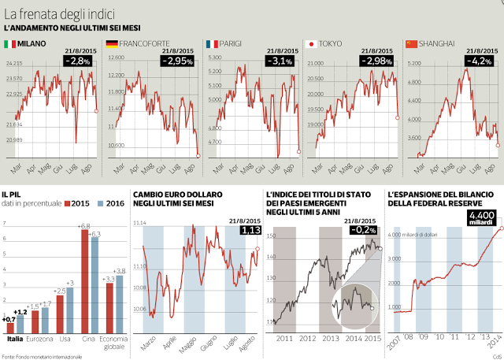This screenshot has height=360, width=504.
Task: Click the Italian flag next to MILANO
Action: pos(10,43)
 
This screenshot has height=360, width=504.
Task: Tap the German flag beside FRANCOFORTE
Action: pos(112,43)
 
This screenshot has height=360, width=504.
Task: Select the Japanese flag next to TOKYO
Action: pos(311,43)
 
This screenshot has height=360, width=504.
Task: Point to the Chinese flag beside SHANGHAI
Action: pos(410,43)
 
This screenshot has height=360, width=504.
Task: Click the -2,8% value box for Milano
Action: pos(79,60)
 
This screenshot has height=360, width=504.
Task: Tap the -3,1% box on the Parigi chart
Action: pos(280,60)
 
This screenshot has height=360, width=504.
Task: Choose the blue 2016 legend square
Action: pos(100,203)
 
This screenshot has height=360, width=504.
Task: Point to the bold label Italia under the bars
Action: pos(15,340)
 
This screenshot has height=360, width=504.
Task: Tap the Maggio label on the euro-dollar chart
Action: pos(185,344)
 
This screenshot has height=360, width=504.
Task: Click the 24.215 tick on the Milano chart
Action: pos(14,63)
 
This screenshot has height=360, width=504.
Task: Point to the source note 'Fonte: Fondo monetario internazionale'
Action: pos(42,356)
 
